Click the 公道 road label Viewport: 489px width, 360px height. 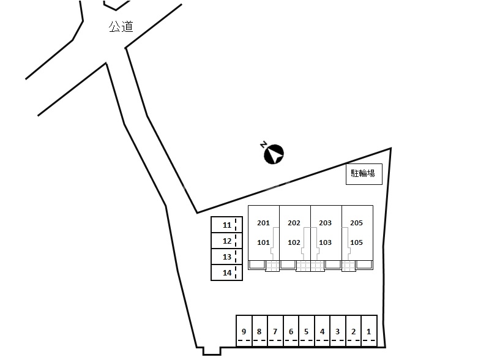121,26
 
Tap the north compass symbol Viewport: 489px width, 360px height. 274,154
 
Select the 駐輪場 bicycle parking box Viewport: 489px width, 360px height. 364,174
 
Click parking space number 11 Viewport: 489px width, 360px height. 226,225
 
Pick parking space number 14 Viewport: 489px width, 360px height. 226,272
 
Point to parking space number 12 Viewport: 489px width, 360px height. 226,241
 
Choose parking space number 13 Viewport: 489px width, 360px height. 226,257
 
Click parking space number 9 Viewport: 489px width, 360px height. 244,331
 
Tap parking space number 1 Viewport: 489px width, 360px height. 369,331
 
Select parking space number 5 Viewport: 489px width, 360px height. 306,331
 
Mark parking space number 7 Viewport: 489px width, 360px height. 275,331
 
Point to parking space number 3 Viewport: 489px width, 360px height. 338,331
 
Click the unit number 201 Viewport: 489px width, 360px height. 263,223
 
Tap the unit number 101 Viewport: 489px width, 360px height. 263,242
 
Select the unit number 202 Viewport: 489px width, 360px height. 294,223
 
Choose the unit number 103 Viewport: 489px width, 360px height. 325,242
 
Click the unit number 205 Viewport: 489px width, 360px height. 356,223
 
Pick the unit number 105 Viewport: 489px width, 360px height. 356,242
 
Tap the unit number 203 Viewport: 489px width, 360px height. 325,223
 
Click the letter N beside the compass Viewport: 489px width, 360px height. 264,144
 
